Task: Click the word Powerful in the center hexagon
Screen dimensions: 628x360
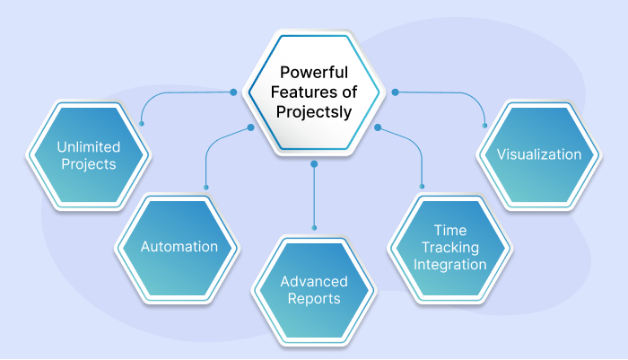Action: pyautogui.click(x=314, y=73)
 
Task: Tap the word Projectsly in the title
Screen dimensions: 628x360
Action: pyautogui.click(x=314, y=112)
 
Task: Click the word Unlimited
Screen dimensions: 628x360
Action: pyautogui.click(x=89, y=147)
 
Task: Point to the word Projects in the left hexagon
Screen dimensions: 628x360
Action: pyautogui.click(x=89, y=164)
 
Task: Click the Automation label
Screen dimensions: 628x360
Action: pyautogui.click(x=179, y=247)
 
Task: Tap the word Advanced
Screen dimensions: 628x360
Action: pyautogui.click(x=314, y=281)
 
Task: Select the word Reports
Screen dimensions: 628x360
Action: pyautogui.click(x=314, y=299)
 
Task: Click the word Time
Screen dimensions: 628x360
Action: pyautogui.click(x=450, y=231)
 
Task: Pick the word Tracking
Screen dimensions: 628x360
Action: pyautogui.click(x=450, y=248)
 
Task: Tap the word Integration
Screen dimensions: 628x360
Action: pyautogui.click(x=450, y=265)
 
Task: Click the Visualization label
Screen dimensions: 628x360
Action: pyautogui.click(x=539, y=154)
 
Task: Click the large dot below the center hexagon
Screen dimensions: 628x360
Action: pyautogui.click(x=314, y=164)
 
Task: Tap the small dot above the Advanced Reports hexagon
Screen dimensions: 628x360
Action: pyautogui.click(x=314, y=228)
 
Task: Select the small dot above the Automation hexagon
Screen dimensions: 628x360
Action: pyautogui.click(x=205, y=188)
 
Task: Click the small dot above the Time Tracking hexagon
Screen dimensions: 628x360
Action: pyautogui.click(x=422, y=187)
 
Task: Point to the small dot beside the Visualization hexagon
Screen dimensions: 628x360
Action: pyautogui.click(x=484, y=126)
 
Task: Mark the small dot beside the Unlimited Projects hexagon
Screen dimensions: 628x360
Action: pyautogui.click(x=142, y=124)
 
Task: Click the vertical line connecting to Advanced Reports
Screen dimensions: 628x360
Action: pyautogui.click(x=314, y=196)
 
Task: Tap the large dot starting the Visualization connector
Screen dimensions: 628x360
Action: pyautogui.click(x=395, y=92)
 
